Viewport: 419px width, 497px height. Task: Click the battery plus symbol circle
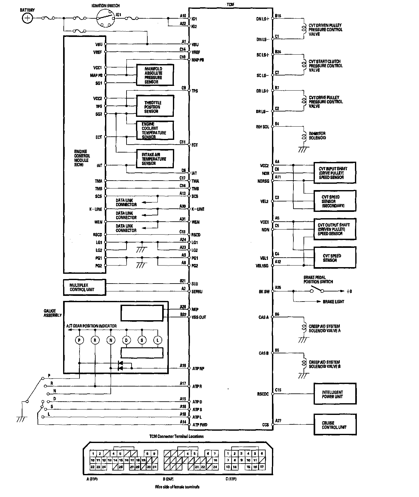coord(27,18)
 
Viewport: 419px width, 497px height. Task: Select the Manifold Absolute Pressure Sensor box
coord(155,75)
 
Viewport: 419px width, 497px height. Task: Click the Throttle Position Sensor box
coord(155,107)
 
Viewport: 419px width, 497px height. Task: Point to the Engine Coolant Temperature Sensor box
coord(155,130)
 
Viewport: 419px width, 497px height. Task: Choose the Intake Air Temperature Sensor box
coord(155,159)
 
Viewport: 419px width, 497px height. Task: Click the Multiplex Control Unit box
coord(84,287)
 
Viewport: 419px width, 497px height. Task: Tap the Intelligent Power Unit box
coord(335,394)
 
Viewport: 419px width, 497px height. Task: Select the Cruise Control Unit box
coord(335,425)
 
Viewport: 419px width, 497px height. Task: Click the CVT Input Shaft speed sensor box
coord(335,173)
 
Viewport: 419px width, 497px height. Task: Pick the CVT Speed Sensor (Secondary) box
coord(335,201)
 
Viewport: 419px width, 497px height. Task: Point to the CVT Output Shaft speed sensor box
coord(335,229)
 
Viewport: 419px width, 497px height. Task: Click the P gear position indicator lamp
coord(79,340)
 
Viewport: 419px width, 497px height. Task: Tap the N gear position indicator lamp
coord(111,340)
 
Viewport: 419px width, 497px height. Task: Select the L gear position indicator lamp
coord(158,340)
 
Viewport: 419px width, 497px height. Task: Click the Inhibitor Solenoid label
coord(317,135)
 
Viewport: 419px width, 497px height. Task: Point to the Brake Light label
coord(333,302)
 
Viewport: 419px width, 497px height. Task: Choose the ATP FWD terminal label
coord(200,425)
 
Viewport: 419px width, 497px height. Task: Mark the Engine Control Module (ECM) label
coord(82,158)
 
